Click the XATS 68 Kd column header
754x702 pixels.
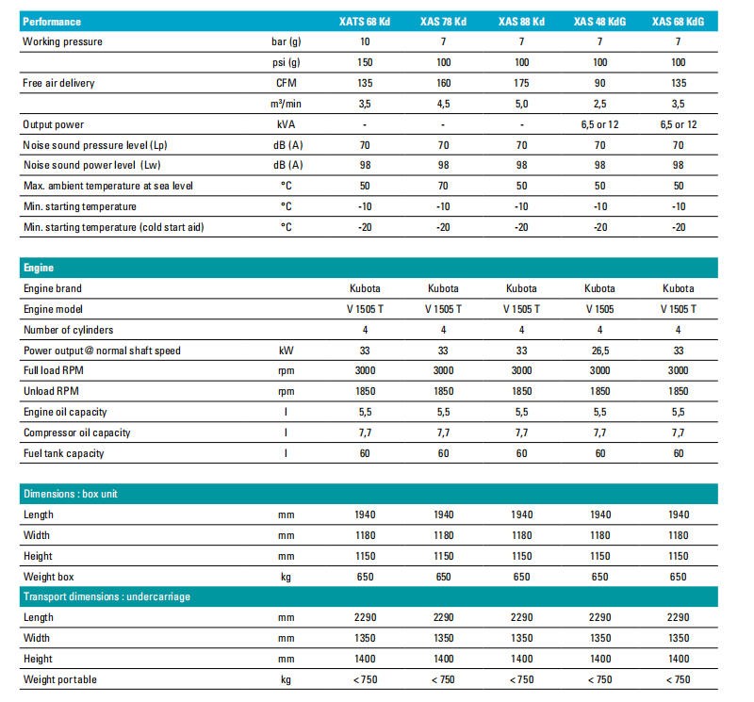[363, 22]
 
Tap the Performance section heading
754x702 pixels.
[52, 22]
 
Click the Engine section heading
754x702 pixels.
[40, 268]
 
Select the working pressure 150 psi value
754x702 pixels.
[363, 62]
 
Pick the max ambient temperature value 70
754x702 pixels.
[442, 186]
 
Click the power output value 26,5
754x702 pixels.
[598, 351]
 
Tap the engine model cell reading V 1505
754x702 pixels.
[599, 309]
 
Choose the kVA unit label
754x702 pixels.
[287, 124]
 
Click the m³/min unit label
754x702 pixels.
[286, 104]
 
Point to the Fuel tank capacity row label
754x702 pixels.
[63, 453]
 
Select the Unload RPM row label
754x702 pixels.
[51, 391]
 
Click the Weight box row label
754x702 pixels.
[50, 576]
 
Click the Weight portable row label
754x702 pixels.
[59, 679]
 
